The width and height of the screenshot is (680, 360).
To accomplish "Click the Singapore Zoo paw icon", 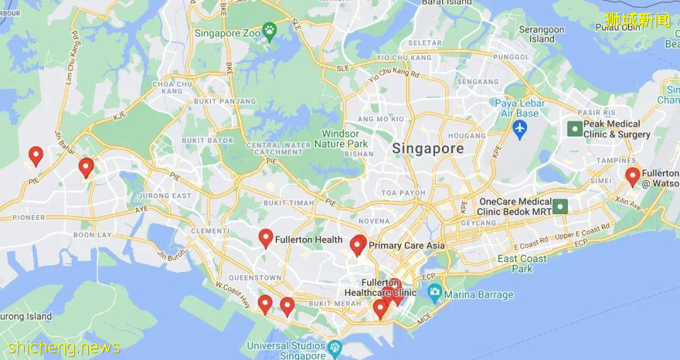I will pos(269,30).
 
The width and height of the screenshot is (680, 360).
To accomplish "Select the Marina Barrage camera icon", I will pos(434,293).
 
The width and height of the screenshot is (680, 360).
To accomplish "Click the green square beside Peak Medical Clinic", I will pos(574,129).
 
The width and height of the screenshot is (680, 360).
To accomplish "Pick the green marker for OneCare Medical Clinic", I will pos(560,206).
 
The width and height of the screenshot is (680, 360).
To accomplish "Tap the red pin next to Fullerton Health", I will pos(266,238).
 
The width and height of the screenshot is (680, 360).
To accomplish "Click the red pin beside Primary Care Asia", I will pos(358,245).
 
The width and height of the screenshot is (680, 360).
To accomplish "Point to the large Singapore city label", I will pos(428,149).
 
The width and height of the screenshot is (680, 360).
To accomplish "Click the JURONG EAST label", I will pos(164,196).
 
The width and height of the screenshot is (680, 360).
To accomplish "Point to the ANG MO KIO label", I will pos(380,119).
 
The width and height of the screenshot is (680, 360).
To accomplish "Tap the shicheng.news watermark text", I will pos(64,347).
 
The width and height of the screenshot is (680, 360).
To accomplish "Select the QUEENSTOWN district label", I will pos(255,278).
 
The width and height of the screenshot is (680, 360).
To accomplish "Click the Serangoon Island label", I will pos(541,34).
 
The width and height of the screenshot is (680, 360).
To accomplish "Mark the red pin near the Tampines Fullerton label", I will pos(632,176).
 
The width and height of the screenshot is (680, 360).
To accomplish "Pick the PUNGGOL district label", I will pos(512,57).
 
